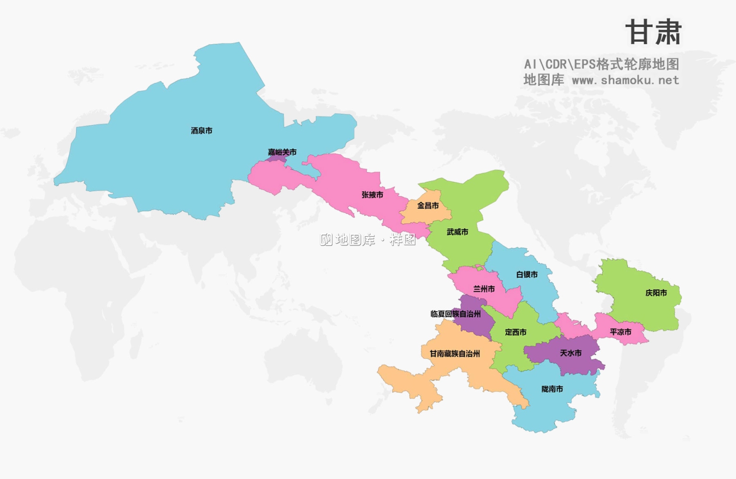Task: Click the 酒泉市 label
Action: click(201, 131)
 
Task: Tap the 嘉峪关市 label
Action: click(282, 152)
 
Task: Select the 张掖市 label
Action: click(372, 195)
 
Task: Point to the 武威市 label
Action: click(457, 232)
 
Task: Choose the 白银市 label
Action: click(526, 275)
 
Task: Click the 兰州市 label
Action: click(483, 289)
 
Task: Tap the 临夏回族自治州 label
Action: click(455, 314)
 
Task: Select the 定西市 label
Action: click(515, 332)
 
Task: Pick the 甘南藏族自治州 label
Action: click(454, 353)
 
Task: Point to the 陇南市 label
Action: click(552, 389)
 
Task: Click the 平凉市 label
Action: click(620, 332)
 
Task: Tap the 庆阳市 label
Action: click(656, 293)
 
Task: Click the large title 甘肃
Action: click(653, 33)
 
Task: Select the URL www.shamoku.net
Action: click(625, 80)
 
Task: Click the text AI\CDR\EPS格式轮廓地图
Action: click(601, 64)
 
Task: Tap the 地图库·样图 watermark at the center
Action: click(368, 240)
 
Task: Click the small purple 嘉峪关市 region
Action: click(278, 159)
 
